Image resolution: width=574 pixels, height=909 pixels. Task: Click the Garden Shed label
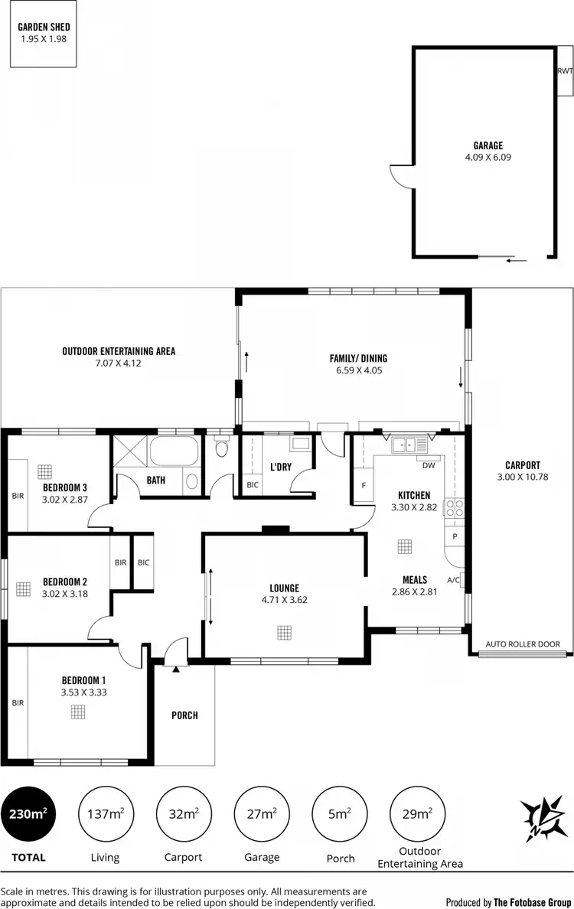(43, 26)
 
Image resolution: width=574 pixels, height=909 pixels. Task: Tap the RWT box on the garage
(565, 71)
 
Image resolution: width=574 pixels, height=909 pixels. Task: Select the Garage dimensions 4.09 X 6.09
(488, 158)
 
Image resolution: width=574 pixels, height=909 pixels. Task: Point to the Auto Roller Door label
(523, 644)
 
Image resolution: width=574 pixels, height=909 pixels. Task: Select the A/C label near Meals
(453, 580)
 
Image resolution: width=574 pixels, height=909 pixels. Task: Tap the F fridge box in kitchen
(364, 485)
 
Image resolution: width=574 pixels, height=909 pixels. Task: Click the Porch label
(184, 715)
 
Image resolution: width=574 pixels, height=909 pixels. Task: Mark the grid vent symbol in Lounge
(285, 632)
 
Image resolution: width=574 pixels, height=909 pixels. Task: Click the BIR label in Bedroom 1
(18, 702)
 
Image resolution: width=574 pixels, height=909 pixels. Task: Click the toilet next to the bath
(222, 447)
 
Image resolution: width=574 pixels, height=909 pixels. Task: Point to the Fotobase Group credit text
(507, 901)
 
